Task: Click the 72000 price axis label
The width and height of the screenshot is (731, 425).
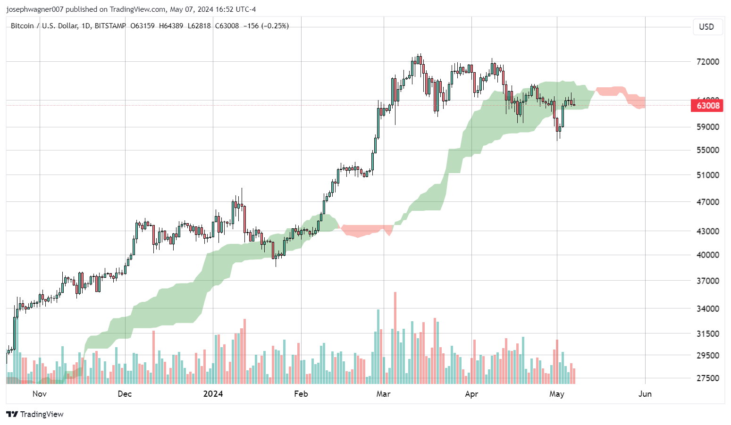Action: (x=707, y=62)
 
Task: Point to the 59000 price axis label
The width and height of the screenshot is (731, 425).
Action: (x=707, y=127)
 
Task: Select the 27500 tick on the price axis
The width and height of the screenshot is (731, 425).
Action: (x=707, y=378)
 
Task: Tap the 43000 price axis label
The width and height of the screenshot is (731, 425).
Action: (x=707, y=231)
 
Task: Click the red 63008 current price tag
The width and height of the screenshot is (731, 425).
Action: (x=707, y=105)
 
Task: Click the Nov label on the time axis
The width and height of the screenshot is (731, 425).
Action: (x=40, y=394)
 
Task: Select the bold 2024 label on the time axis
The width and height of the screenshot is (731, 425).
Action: (x=213, y=394)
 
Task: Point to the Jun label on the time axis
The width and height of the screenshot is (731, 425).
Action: (x=645, y=394)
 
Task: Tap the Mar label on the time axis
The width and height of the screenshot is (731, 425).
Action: (x=383, y=394)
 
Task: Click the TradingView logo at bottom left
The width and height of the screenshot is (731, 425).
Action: (x=35, y=414)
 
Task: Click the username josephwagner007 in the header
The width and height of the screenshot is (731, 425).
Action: (x=35, y=9)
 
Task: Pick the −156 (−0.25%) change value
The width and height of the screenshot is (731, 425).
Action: (x=266, y=26)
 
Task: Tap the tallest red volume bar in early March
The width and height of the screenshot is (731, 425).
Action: (x=395, y=337)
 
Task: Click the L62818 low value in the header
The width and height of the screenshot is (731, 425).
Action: (x=199, y=26)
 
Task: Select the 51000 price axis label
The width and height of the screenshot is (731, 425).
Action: (x=707, y=175)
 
